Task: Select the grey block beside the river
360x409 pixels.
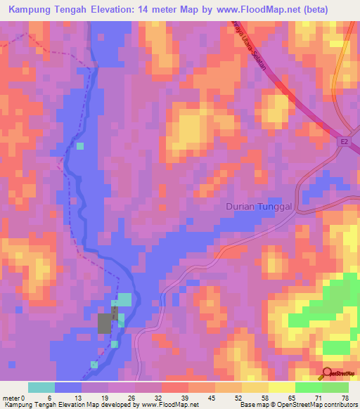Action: pos(105,323)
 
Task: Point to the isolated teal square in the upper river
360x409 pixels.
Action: pos(80,146)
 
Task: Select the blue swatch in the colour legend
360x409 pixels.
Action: pos(68,387)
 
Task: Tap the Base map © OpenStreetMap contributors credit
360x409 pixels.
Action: pos(299,405)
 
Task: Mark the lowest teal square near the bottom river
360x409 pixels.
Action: pos(94,364)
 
